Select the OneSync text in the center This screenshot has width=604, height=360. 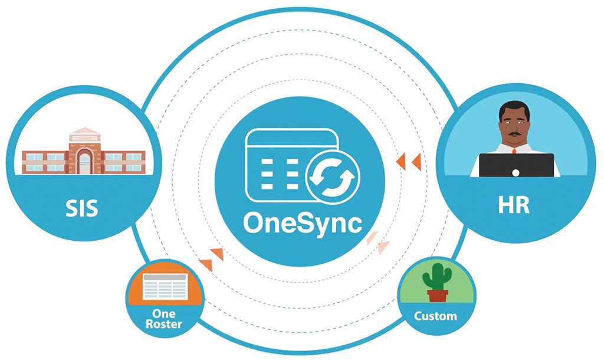click(x=302, y=224)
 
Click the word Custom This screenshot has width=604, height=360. click(x=435, y=316)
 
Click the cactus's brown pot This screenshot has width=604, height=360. click(x=437, y=294)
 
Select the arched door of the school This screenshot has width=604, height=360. click(x=84, y=161)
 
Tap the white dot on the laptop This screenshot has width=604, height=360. click(x=516, y=172)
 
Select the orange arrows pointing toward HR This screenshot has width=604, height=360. click(x=409, y=162)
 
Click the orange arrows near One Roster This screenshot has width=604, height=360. click(x=211, y=260)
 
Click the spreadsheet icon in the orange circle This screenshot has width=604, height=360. click(x=165, y=286)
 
